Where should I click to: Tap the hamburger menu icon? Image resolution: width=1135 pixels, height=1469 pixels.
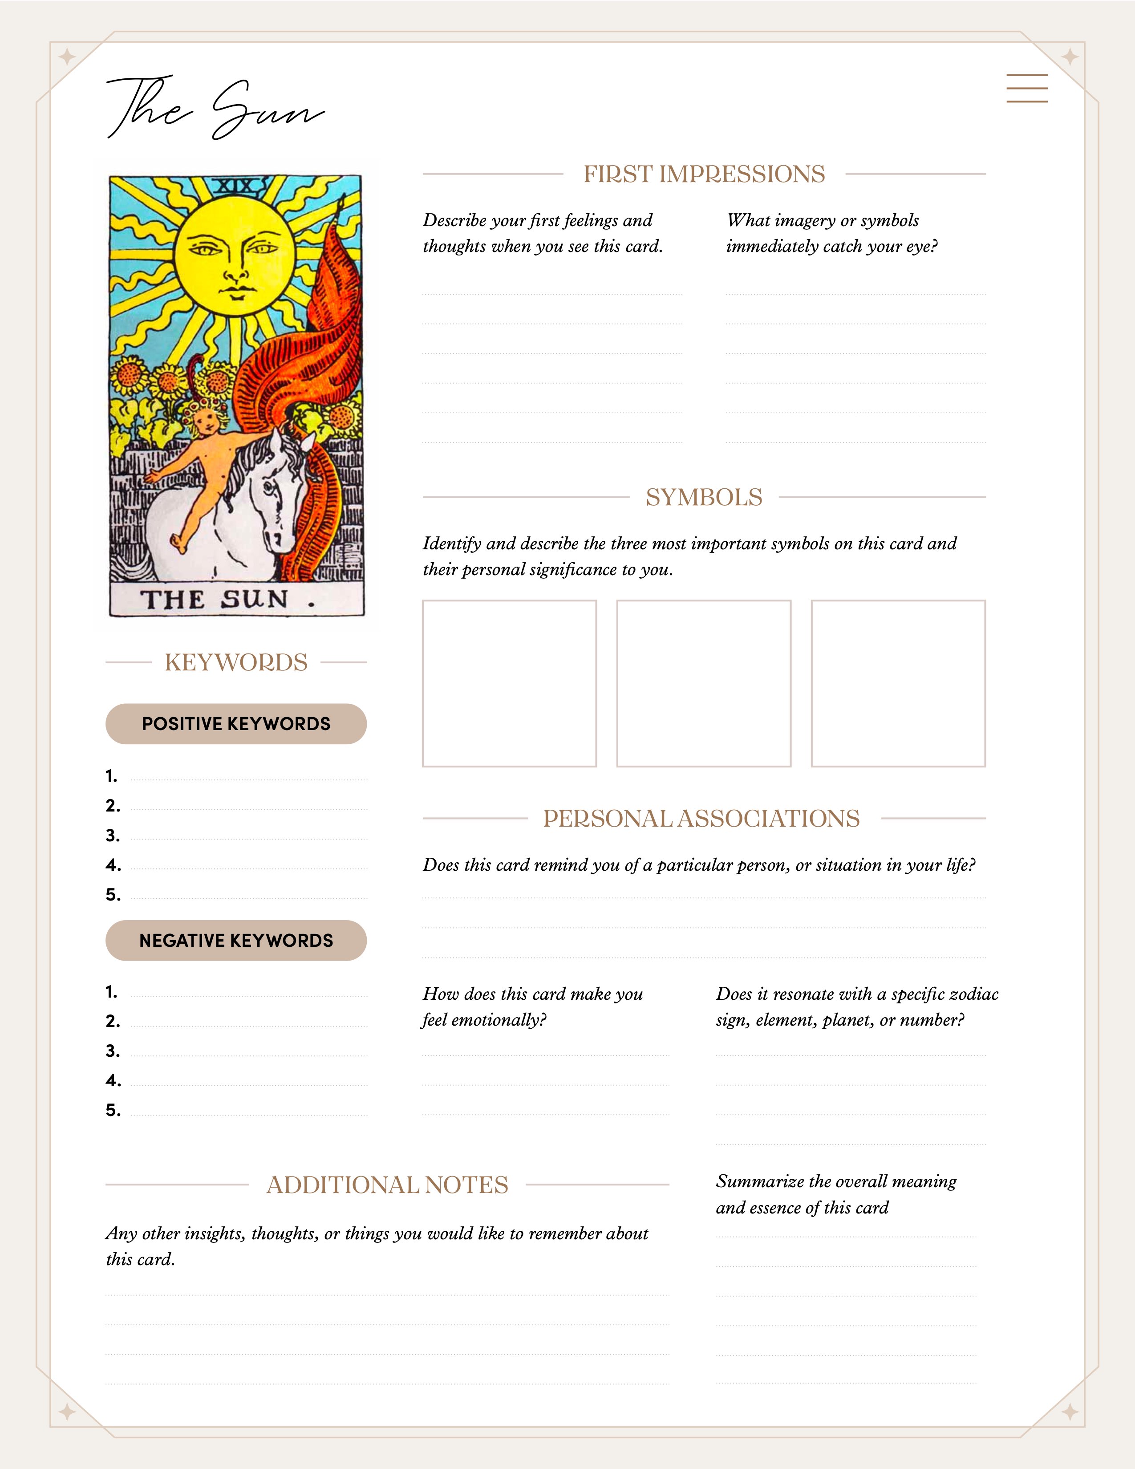tap(1027, 88)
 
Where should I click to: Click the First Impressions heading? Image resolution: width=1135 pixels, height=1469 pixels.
tap(703, 174)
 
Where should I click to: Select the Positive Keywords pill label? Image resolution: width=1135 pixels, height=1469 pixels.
tap(236, 724)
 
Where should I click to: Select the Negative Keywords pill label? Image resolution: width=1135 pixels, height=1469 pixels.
tap(236, 940)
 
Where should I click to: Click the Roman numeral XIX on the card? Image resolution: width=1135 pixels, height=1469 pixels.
tap(235, 186)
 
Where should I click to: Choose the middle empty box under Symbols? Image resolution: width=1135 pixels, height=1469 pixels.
tap(703, 683)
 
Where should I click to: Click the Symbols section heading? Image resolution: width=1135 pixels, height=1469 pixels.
tap(703, 498)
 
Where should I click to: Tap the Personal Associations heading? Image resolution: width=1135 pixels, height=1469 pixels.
tap(701, 819)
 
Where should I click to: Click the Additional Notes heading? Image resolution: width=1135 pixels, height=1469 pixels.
tap(387, 1185)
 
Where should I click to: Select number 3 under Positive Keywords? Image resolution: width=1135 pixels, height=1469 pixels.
tap(112, 836)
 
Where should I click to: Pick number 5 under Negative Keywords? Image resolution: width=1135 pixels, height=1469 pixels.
tap(112, 1110)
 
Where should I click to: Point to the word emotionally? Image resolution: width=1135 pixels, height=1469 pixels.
tap(498, 1020)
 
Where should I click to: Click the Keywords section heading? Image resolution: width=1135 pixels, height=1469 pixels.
tap(236, 662)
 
